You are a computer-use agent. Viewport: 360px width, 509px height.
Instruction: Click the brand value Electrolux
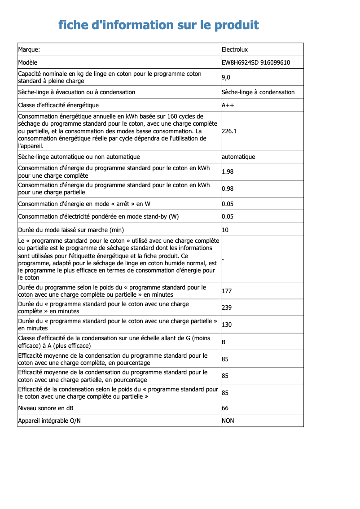tap(234, 49)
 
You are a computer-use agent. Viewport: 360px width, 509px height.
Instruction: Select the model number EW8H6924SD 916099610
tap(255, 62)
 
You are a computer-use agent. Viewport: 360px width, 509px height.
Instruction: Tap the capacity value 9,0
tap(226, 78)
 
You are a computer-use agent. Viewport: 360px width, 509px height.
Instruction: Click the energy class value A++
tap(228, 105)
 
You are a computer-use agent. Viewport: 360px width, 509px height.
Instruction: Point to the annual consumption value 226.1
tap(229, 132)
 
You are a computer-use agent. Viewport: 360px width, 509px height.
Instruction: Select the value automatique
tap(238, 157)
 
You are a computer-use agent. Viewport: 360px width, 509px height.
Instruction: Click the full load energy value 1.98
tap(228, 171)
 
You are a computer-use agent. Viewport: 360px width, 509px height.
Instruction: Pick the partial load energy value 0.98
tap(228, 189)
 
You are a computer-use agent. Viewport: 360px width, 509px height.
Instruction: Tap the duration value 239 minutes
tap(227, 308)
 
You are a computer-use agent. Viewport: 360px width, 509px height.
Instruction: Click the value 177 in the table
tap(227, 291)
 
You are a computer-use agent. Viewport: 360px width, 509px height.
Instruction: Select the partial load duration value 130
tap(227, 325)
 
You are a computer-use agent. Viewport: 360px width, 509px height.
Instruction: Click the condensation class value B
tap(224, 342)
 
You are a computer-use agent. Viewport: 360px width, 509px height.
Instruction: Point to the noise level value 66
tap(225, 408)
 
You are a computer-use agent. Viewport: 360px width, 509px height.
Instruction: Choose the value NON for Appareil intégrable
tap(228, 421)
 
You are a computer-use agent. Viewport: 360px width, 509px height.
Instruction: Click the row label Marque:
tap(29, 49)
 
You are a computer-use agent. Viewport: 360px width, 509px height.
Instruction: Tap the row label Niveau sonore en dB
tap(46, 408)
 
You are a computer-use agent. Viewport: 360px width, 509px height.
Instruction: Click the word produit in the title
tap(237, 25)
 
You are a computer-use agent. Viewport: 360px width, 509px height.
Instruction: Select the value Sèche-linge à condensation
tap(258, 92)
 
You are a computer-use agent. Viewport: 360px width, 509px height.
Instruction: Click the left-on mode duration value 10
tap(225, 230)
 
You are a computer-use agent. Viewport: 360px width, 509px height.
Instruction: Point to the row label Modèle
tap(28, 62)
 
